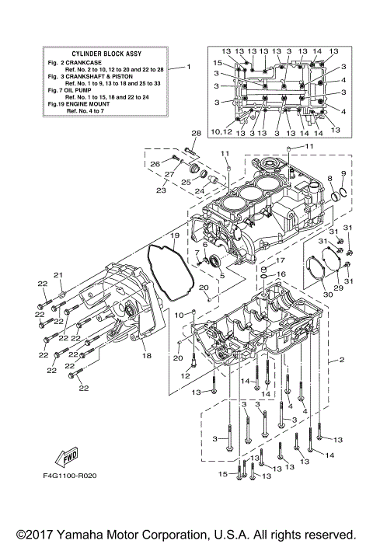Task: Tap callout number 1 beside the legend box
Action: (188, 67)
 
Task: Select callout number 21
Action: (57, 274)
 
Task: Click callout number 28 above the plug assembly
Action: (196, 134)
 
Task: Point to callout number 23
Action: (161, 190)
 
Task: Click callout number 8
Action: (329, 179)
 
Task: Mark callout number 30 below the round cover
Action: (327, 294)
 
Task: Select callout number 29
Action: (337, 287)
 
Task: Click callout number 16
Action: (282, 274)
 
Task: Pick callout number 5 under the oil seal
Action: (221, 274)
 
